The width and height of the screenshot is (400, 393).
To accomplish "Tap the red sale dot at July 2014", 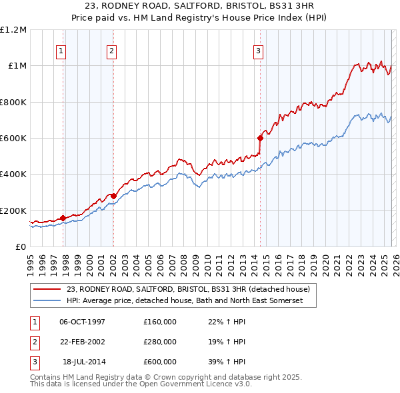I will click(260, 139).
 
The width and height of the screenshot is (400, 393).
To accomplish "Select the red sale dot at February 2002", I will click(113, 196).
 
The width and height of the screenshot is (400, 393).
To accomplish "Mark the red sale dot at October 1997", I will click(63, 218).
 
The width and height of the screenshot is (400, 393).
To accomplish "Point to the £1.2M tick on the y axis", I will click(13, 30).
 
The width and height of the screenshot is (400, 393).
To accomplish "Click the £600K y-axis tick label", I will click(13, 139).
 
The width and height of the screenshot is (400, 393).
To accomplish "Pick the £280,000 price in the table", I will click(159, 342).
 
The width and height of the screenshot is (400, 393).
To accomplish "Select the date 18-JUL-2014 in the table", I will click(83, 362).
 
